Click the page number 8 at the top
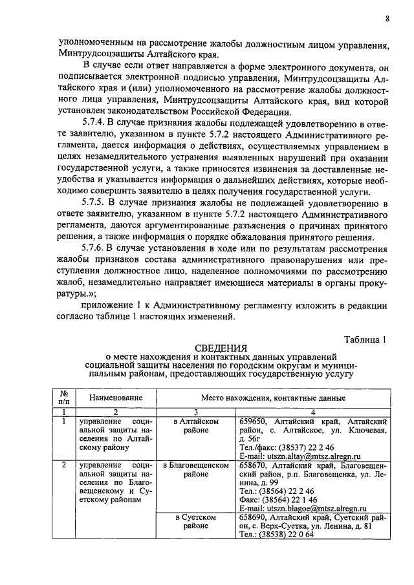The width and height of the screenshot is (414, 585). (386, 18)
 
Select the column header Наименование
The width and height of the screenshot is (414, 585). (116, 398)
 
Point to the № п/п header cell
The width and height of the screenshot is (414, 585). (64, 398)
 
